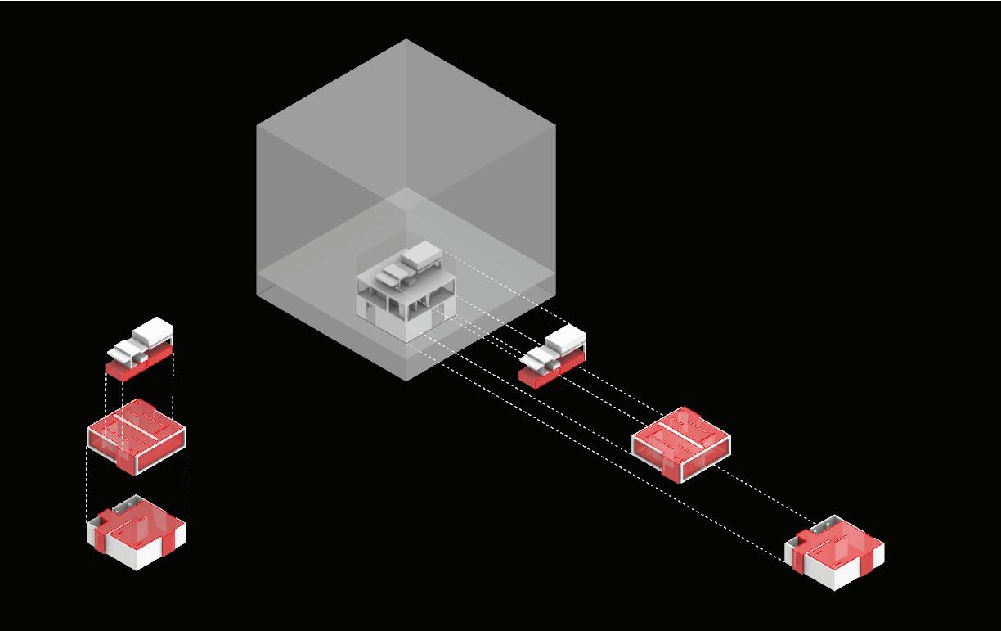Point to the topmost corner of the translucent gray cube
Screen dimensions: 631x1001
tap(406, 39)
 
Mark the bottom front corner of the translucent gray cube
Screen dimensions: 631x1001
tap(406, 381)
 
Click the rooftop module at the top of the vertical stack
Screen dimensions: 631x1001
tap(140, 350)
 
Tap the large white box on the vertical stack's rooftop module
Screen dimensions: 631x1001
tap(152, 331)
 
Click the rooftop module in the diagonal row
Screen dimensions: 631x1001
tap(553, 354)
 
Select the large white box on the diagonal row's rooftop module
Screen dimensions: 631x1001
tap(565, 336)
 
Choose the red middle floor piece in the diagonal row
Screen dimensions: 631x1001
tap(680, 444)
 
